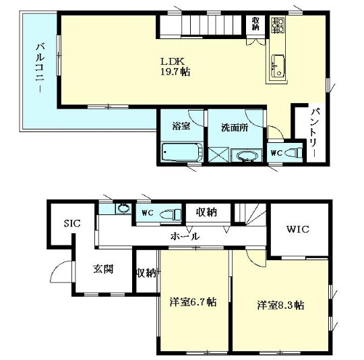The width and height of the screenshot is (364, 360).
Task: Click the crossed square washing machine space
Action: tap(218, 154)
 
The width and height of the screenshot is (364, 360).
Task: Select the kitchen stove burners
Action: tap(276, 26)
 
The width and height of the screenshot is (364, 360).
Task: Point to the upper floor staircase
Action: tap(202, 26)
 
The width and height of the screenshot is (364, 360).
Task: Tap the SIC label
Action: tap(71, 224)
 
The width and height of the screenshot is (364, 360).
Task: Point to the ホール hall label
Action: tap(184, 237)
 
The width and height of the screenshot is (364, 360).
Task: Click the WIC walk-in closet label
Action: tap(297, 229)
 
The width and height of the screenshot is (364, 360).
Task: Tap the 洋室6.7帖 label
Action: tap(193, 302)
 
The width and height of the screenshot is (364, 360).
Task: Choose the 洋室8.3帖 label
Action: tap(280, 305)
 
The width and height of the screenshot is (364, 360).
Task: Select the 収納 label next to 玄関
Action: tap(146, 273)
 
